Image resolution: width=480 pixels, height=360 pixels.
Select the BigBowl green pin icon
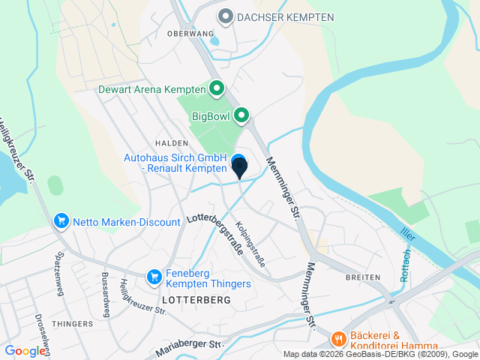pos(241,116)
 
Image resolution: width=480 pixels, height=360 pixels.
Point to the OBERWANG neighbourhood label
pos(185,34)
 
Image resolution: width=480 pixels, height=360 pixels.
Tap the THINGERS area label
pos(73,324)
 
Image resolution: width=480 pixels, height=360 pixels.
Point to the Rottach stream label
pos(407,264)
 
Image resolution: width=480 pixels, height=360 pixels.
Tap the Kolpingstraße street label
pos(250,244)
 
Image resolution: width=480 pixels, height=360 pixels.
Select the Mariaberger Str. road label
pos(190,349)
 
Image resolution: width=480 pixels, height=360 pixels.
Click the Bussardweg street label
pos(105,295)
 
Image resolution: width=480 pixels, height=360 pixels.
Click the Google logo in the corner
pos(25,350)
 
